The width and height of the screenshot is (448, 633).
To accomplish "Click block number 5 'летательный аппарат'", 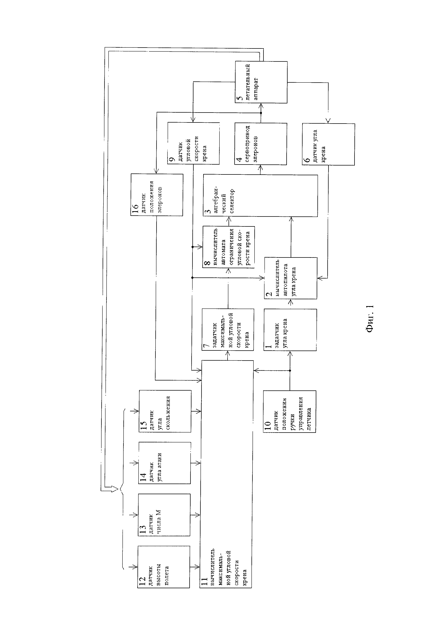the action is pyautogui.click(x=261, y=82).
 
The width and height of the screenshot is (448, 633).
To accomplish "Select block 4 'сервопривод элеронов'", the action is pyautogui.click(x=260, y=144).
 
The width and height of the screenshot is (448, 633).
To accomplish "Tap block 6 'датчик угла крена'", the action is pyautogui.click(x=328, y=144).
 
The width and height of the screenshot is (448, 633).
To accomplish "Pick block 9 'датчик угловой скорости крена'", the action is pyautogui.click(x=193, y=143).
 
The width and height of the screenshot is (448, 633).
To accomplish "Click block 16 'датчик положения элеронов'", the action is pyautogui.click(x=157, y=195).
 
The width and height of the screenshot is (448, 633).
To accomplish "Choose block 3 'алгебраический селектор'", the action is pyautogui.click(x=260, y=196).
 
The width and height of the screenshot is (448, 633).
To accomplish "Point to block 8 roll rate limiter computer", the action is pyautogui.click(x=228, y=247).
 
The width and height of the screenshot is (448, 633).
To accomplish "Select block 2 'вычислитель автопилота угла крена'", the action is pyautogui.click(x=290, y=278).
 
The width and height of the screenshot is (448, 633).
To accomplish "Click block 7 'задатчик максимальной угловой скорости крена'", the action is pyautogui.click(x=228, y=329).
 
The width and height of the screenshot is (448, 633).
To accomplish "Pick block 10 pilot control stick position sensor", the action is pyautogui.click(x=289, y=411).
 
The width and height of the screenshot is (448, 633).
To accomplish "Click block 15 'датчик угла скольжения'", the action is pyautogui.click(x=165, y=411).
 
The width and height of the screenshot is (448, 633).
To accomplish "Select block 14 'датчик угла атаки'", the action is pyautogui.click(x=164, y=463).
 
